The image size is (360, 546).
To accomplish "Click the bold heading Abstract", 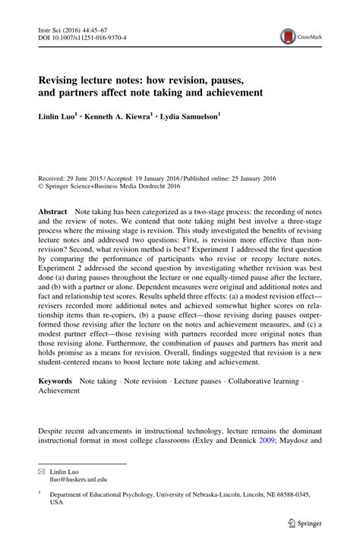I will click(52, 209).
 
